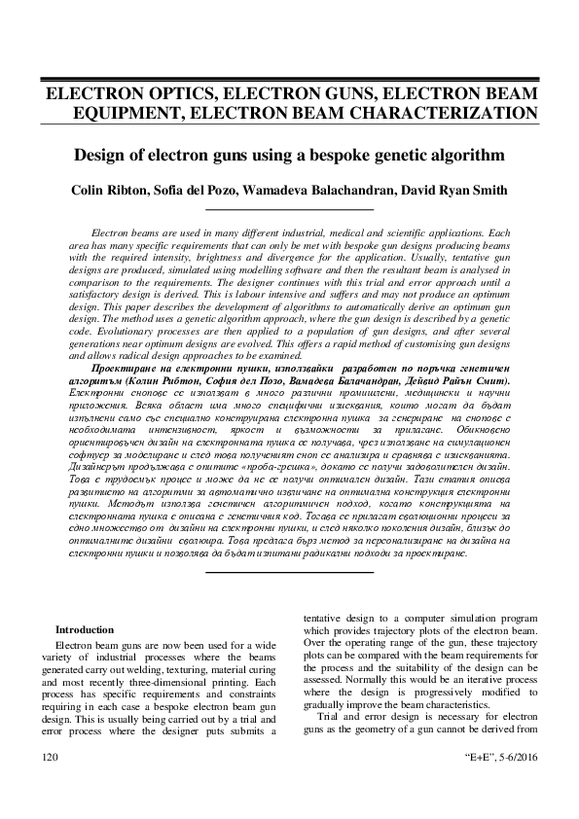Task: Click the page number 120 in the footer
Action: click(x=48, y=755)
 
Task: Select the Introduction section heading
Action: click(x=85, y=629)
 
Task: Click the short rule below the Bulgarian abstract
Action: click(x=288, y=571)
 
